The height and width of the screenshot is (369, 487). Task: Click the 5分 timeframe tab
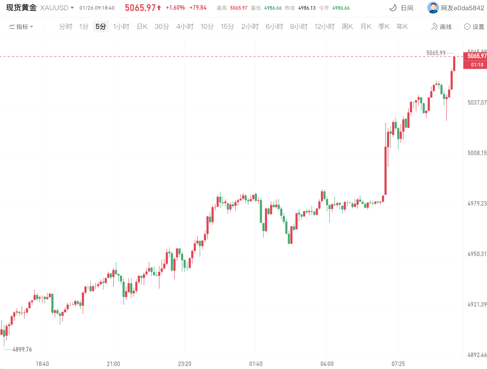tap(100, 27)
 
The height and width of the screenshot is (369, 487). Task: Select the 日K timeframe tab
tap(142, 27)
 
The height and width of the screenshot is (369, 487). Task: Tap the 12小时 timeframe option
tap(325, 27)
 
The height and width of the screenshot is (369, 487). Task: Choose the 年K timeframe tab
tap(402, 27)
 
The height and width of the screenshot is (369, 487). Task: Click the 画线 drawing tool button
tap(441, 27)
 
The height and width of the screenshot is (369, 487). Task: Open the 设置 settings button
tap(474, 27)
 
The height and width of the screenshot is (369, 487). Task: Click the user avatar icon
tap(433, 8)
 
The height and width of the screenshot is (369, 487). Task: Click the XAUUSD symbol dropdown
tap(57, 8)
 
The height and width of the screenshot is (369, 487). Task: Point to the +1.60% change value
tap(175, 8)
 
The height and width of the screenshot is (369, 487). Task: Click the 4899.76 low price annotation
tap(22, 349)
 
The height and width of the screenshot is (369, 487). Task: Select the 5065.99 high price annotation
tap(436, 53)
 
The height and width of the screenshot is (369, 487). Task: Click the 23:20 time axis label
tap(185, 363)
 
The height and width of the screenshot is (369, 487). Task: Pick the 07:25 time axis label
tap(398, 363)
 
